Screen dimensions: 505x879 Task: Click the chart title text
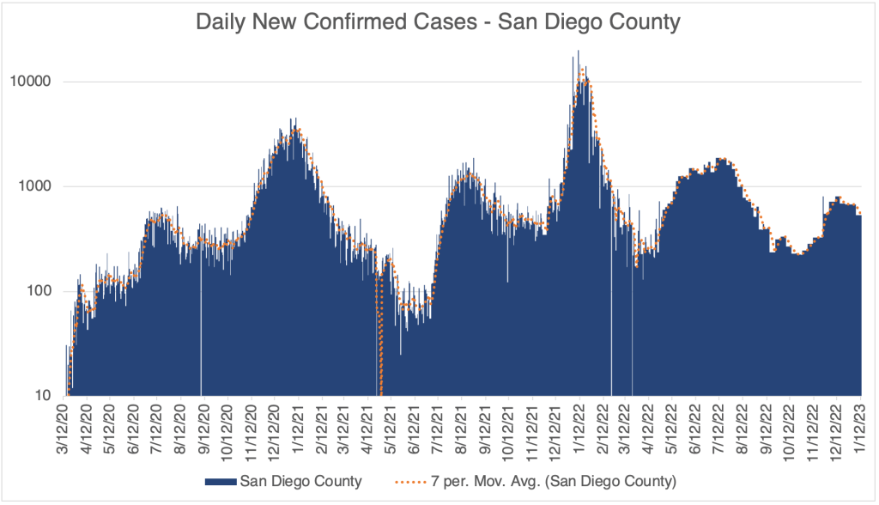click(439, 21)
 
